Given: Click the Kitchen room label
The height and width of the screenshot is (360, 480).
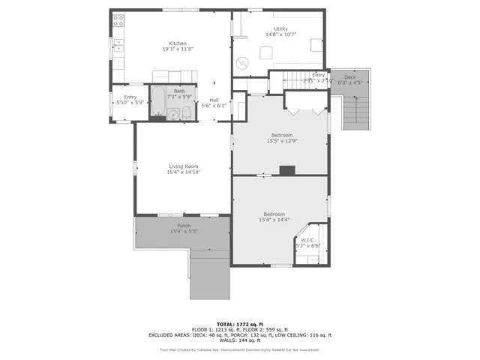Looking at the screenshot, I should [178, 43].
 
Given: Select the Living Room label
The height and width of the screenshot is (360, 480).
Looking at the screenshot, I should [183, 166].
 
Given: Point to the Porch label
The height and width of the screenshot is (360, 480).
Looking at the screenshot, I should [184, 226].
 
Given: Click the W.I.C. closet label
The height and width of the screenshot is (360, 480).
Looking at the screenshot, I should [307, 240].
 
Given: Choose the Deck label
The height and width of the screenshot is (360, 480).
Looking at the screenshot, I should [350, 77].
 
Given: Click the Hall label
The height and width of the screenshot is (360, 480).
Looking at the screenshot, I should [214, 100].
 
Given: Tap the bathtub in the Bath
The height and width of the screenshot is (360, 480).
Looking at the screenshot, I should [158, 103].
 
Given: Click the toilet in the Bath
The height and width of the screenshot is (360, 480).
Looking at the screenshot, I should [186, 113].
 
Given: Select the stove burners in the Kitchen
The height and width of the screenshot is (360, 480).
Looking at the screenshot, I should [118, 22].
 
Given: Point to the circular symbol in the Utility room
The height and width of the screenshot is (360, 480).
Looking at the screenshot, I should [242, 63].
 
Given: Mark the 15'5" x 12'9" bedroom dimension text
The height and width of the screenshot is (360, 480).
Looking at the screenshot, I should [281, 141].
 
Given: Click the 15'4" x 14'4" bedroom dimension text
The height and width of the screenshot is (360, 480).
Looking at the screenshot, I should [274, 220].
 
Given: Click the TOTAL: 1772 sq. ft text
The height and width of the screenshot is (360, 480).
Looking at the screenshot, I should [240, 322].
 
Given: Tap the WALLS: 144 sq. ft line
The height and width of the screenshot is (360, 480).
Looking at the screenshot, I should [240, 340].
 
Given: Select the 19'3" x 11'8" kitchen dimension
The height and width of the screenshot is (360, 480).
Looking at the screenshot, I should [178, 49].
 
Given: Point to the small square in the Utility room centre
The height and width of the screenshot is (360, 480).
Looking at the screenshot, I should [265, 52].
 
